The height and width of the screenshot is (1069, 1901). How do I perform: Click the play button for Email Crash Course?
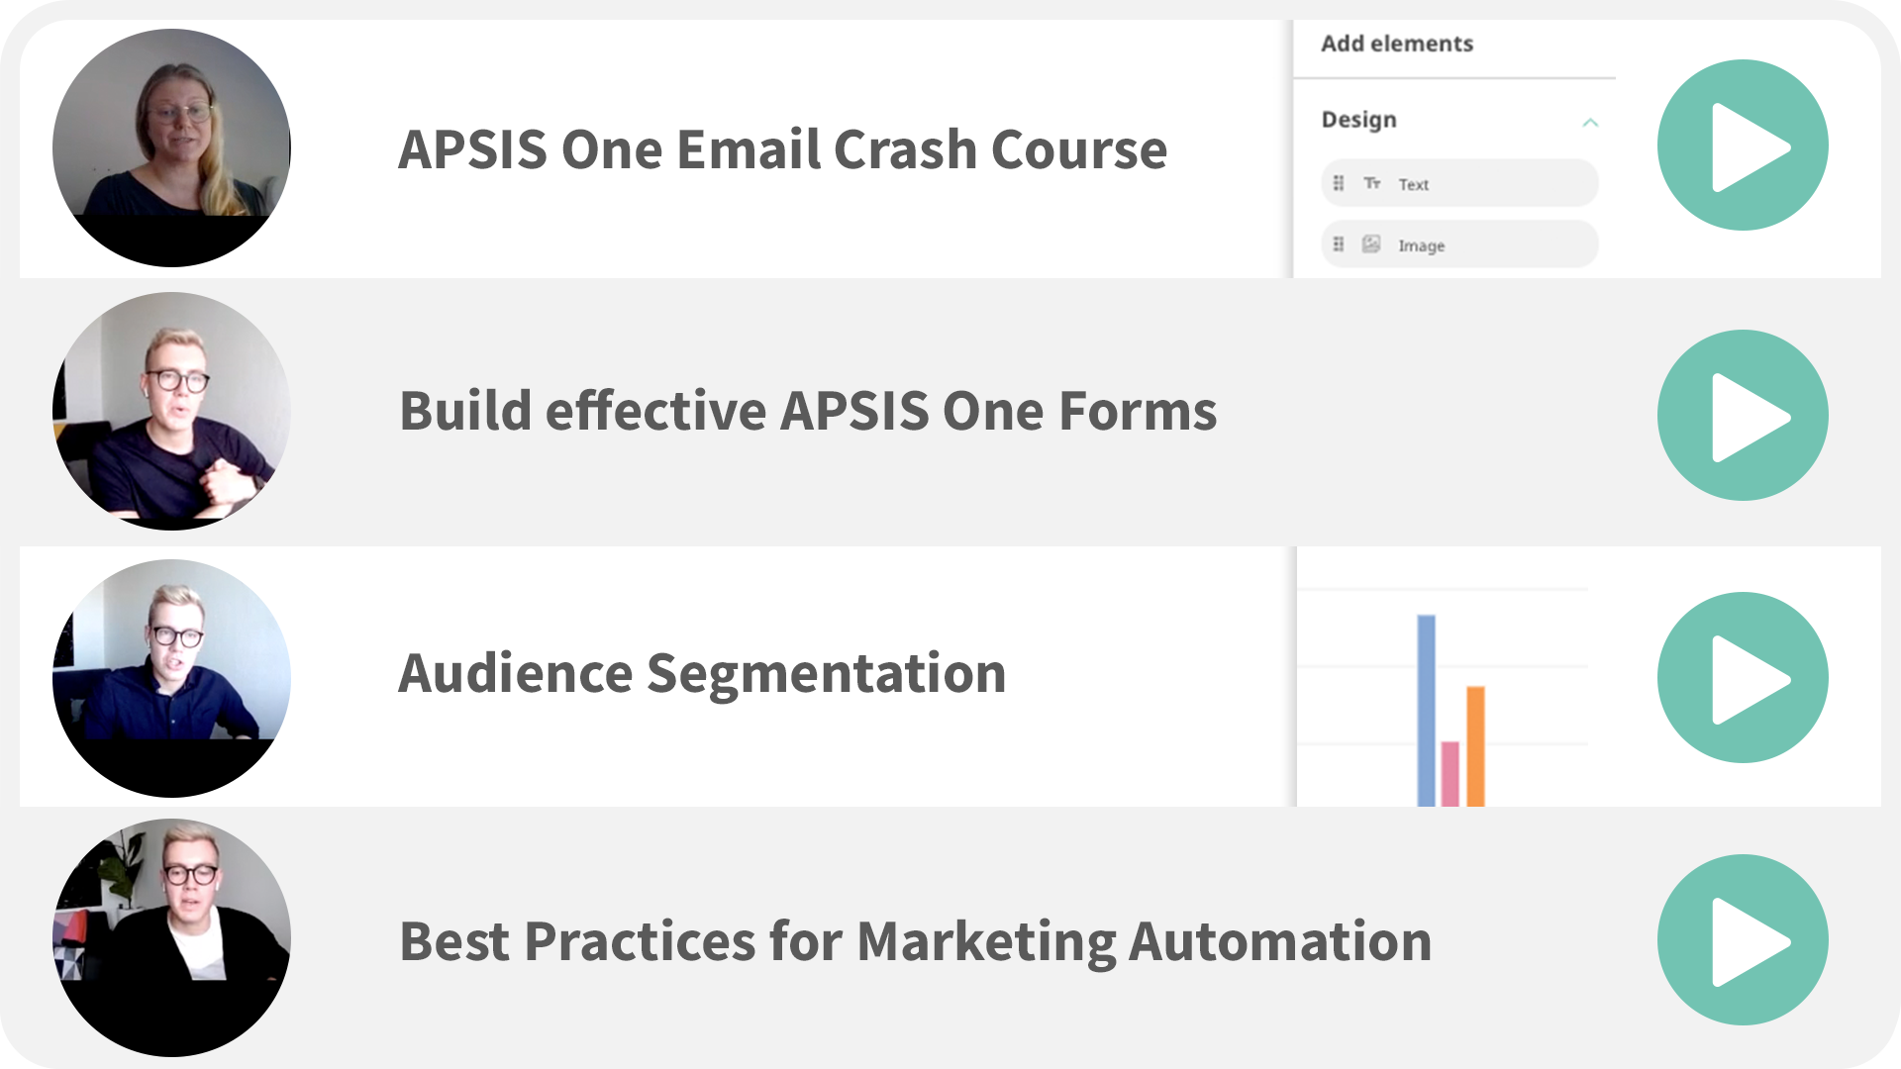click(x=1743, y=146)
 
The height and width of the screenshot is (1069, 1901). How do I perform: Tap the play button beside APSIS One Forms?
click(x=1743, y=415)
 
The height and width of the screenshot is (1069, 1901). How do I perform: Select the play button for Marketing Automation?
click(x=1743, y=939)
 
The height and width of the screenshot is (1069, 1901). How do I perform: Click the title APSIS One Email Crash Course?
click(x=782, y=149)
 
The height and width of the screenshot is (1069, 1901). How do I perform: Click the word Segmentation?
click(x=827, y=675)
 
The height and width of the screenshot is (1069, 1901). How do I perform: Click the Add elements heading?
click(x=1397, y=44)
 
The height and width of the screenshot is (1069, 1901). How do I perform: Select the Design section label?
click(x=1358, y=120)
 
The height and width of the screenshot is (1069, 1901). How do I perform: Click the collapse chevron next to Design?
click(x=1590, y=122)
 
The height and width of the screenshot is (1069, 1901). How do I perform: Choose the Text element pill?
click(x=1459, y=183)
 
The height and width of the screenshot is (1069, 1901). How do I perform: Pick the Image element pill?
click(x=1459, y=244)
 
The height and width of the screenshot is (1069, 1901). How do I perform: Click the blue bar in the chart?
click(x=1426, y=711)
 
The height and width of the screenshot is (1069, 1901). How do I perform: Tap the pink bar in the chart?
click(x=1451, y=774)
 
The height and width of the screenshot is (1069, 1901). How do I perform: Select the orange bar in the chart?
click(x=1475, y=746)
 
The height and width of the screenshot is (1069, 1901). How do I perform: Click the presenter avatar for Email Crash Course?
click(x=171, y=147)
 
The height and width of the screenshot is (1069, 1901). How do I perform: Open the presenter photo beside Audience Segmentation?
click(x=171, y=678)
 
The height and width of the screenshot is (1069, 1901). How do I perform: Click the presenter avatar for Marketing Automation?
click(x=171, y=937)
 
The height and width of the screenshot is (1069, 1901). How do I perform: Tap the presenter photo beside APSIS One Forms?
click(x=171, y=411)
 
